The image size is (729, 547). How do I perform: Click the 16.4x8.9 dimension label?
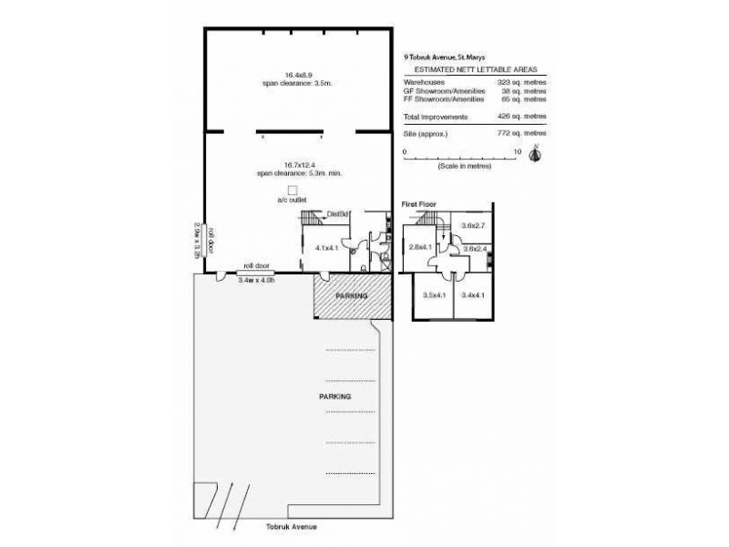tap(293, 75)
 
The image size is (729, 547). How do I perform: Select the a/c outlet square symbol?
tap(293, 190)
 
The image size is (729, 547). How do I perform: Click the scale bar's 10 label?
tap(518, 151)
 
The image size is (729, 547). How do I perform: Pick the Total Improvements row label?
tap(435, 118)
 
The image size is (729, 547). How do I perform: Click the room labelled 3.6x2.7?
tap(474, 224)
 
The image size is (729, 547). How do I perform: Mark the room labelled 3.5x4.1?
tap(434, 294)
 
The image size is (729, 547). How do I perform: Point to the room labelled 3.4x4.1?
tap(474, 294)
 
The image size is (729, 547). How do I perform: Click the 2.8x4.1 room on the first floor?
tap(419, 248)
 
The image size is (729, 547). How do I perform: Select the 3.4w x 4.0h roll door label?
tap(255, 280)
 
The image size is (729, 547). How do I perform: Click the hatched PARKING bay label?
tap(351, 296)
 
